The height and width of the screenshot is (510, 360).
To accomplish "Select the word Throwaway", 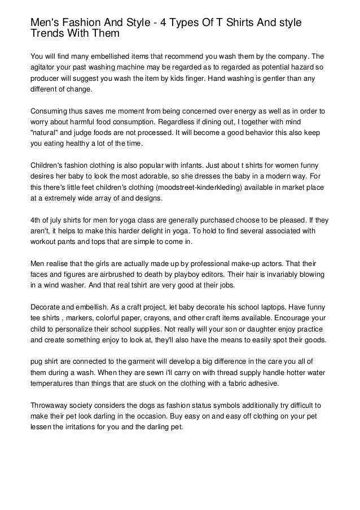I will (x=51, y=406).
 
